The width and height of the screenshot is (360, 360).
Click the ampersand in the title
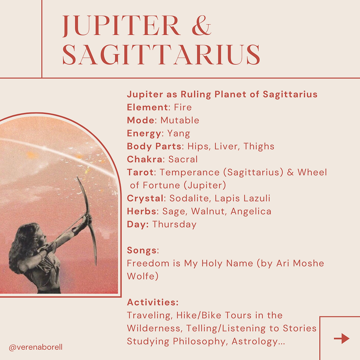pos(201,26)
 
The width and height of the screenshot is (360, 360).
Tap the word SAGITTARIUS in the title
pos(161,55)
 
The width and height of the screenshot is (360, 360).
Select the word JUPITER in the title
pos(121,26)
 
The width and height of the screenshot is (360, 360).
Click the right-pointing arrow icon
pos(342,338)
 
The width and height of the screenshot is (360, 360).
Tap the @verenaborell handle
pos(36,347)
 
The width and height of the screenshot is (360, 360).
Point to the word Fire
pos(183,107)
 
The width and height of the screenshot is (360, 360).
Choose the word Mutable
pos(180,120)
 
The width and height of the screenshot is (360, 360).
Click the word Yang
pos(179,134)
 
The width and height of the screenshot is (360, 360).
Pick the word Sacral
pos(183,159)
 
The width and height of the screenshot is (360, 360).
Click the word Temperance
pos(190,172)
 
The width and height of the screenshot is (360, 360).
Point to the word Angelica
pos(251,211)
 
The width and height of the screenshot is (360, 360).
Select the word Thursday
pos(175,225)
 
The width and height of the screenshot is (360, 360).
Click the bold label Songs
pos(142,250)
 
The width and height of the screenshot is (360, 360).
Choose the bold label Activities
pos(153,302)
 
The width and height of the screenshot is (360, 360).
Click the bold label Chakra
pos(145,159)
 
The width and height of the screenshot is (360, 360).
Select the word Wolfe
pos(143,276)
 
